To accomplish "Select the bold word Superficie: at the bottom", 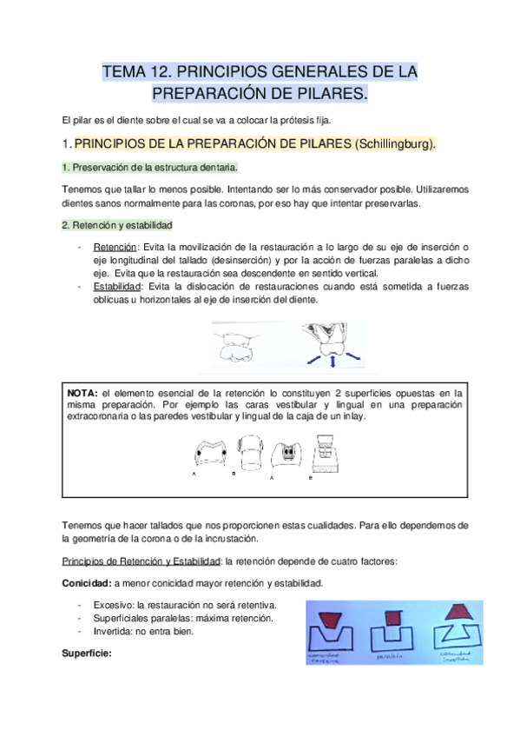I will click(x=88, y=652).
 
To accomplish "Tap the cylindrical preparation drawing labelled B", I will click(x=250, y=455).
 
